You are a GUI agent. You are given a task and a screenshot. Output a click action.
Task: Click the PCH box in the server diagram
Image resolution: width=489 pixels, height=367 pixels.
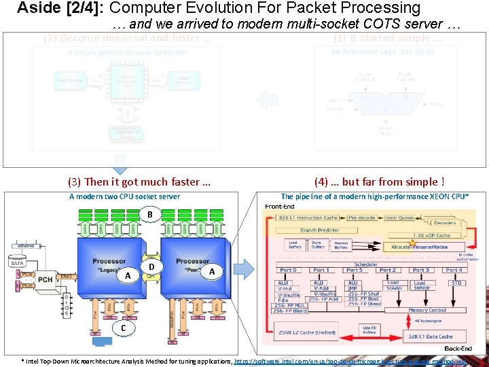[45, 279]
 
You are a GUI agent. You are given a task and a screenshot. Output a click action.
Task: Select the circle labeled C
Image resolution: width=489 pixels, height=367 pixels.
[123, 328]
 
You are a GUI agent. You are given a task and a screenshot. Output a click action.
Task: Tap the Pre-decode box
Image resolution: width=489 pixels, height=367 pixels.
[361, 218]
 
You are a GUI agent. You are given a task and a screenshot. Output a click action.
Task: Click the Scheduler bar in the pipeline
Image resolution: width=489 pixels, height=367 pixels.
[366, 264]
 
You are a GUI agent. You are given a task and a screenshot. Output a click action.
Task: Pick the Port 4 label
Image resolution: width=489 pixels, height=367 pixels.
[454, 270]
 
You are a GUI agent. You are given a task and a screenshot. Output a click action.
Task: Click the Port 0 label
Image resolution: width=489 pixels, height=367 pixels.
[287, 270]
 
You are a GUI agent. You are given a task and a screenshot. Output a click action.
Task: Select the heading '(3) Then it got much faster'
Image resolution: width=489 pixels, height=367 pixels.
[139, 181]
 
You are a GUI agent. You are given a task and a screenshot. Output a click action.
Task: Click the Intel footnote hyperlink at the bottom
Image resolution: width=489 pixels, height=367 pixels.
[360, 360]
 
